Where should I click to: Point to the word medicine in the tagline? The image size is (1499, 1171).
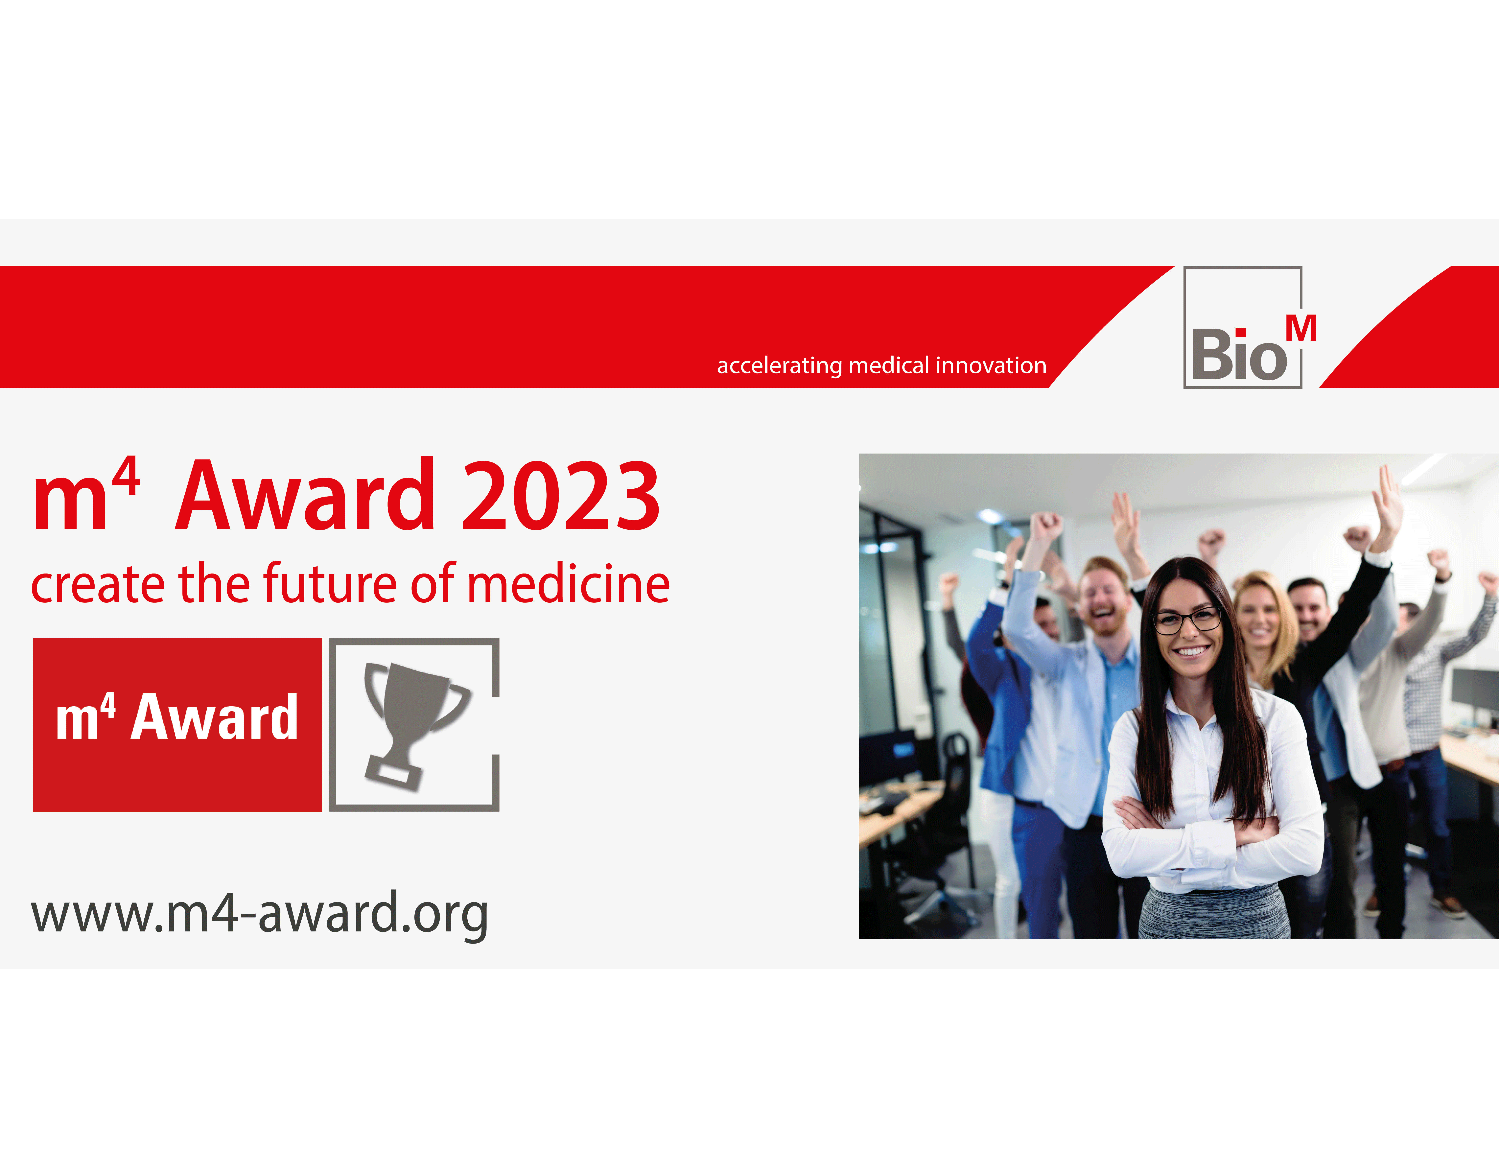tap(569, 585)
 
